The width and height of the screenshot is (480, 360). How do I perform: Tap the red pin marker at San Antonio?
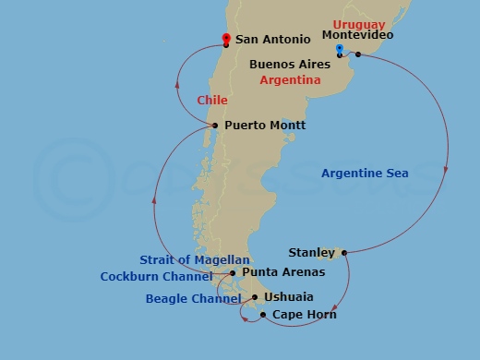[x=225, y=39]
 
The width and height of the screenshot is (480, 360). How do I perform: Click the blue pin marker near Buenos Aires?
[x=340, y=49]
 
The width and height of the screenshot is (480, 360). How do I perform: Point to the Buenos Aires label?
[x=291, y=66]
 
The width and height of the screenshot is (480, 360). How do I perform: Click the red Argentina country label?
[x=290, y=80]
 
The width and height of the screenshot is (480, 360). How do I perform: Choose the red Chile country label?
[x=211, y=100]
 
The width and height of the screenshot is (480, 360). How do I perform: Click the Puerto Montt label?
[x=264, y=126]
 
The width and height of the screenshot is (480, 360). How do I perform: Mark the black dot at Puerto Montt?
[x=215, y=126]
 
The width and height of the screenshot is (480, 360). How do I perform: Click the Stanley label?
[x=311, y=252]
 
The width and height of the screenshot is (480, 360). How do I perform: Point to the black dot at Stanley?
[x=342, y=251]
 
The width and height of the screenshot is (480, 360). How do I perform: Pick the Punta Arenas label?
[x=283, y=272]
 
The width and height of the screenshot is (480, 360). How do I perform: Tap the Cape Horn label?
[x=304, y=315]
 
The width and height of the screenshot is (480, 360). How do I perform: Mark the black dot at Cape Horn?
[x=264, y=315]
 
